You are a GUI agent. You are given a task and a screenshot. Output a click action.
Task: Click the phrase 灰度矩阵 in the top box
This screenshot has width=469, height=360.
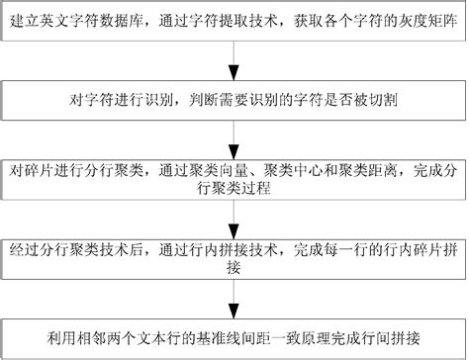click(423, 21)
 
